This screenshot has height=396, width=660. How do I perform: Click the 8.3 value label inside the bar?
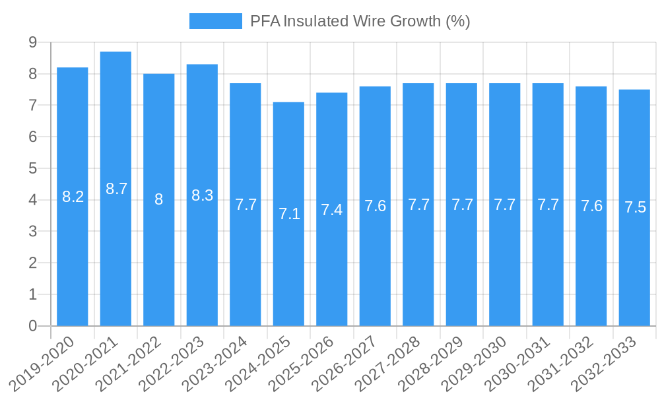pos(202,195)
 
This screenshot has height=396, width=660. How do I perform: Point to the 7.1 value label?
pos(289,214)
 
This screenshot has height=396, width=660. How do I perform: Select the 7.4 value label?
pos(332,210)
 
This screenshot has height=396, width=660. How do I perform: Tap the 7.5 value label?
pos(635,207)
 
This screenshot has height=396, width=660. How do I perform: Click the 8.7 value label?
pos(116,189)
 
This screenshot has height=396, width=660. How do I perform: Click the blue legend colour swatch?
pos(216,21)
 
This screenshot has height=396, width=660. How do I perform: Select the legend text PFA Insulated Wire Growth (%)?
pos(360,21)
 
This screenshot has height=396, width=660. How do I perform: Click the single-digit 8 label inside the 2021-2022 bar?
pos(159,199)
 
